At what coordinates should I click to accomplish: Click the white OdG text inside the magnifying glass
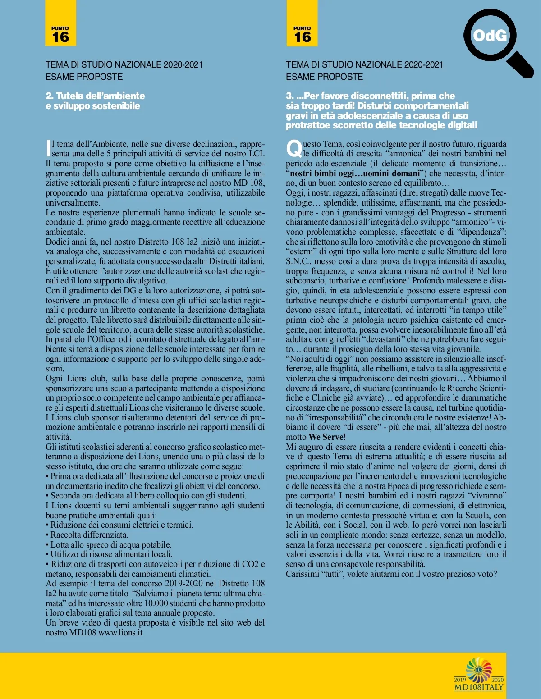click(490, 36)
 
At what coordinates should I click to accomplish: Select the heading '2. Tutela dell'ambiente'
click(95, 96)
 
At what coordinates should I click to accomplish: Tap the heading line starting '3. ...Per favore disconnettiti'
click(370, 96)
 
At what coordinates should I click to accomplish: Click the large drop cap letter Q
click(294, 148)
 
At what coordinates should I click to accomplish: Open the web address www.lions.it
click(120, 632)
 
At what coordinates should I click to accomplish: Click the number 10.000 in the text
click(156, 603)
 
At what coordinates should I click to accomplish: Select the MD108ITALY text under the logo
click(479, 687)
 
